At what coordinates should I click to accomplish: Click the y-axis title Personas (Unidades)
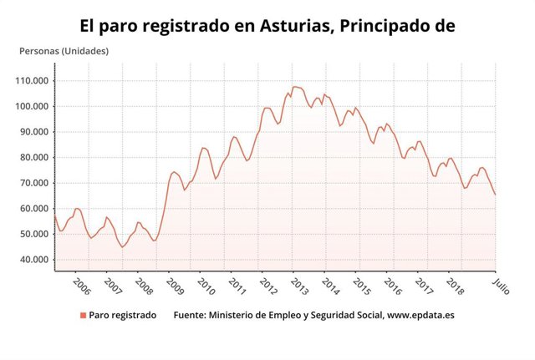(64, 51)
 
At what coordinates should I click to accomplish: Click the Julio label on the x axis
(499, 285)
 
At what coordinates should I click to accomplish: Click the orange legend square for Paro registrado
(83, 316)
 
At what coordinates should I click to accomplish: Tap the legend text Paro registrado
(123, 316)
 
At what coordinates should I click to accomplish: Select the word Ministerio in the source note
(234, 316)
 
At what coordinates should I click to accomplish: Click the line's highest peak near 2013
(293, 86)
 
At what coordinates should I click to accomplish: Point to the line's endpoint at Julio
(495, 195)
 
